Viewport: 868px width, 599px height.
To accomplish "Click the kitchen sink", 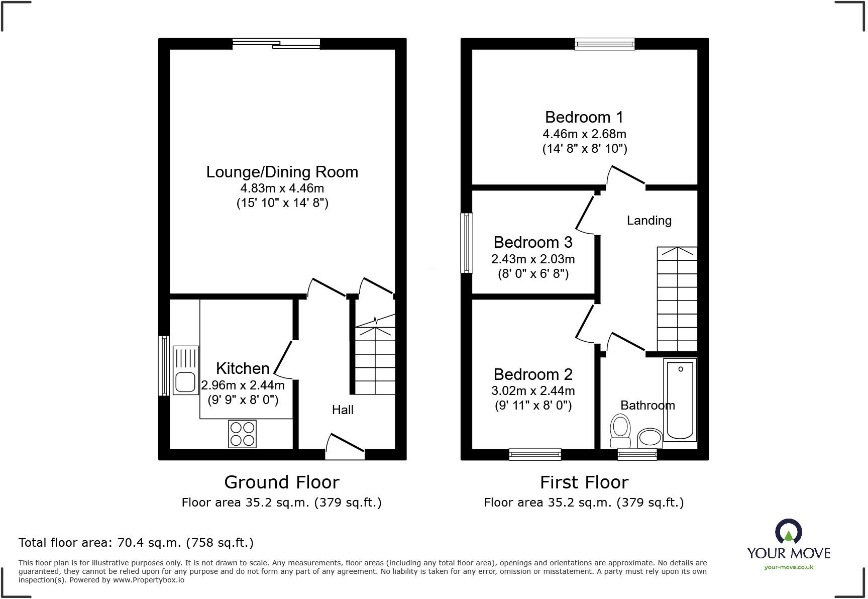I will (185, 370).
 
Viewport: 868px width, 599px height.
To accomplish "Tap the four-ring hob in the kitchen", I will (242, 434).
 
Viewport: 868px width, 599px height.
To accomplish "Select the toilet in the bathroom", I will (620, 430).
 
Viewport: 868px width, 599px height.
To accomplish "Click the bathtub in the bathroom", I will (680, 400).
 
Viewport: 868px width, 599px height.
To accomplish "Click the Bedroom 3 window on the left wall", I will (467, 243).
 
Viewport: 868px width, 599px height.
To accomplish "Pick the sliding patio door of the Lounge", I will (277, 44).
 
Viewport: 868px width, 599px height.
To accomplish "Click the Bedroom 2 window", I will (534, 454).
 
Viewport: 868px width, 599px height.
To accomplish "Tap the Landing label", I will (648, 220).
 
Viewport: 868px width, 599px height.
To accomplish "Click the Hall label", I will (342, 410).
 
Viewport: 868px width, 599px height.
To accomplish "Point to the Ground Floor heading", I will (281, 482).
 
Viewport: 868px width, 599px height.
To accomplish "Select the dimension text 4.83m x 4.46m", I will (282, 188).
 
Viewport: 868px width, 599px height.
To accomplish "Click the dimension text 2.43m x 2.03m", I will (532, 259).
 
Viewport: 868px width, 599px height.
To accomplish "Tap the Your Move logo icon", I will (788, 531).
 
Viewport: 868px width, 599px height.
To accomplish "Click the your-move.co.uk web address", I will (789, 567).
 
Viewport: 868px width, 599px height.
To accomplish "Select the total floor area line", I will (136, 543).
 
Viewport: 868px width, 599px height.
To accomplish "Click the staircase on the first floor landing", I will (677, 299).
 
